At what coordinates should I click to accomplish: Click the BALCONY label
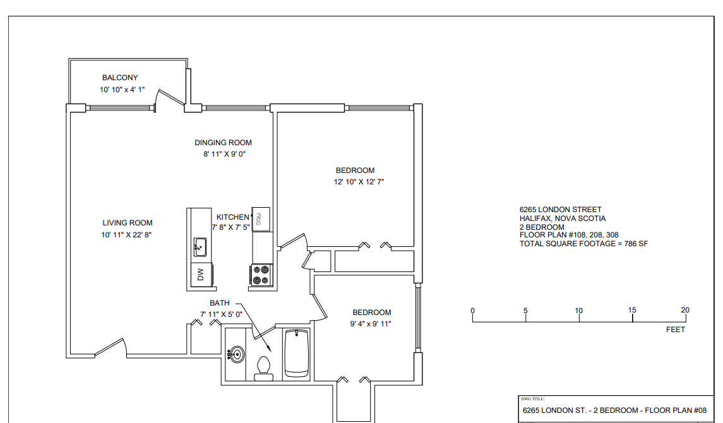[x=120, y=78]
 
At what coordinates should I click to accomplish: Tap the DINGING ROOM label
[x=223, y=143]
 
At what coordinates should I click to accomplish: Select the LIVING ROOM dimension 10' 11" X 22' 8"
[x=126, y=235]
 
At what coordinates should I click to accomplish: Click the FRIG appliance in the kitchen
[x=261, y=219]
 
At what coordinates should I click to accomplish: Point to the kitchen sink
[x=200, y=247]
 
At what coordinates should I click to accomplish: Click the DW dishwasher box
[x=201, y=275]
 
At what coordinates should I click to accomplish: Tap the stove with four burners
[x=261, y=275]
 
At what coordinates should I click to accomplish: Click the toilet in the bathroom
[x=264, y=368]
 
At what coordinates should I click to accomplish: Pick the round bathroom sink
[x=237, y=354]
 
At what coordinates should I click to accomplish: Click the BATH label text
[x=220, y=303]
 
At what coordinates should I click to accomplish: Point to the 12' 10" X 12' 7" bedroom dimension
[x=359, y=182]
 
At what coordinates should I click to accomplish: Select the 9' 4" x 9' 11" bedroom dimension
[x=371, y=324]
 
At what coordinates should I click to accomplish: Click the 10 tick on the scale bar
[x=578, y=318]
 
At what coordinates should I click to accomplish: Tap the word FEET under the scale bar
[x=676, y=330]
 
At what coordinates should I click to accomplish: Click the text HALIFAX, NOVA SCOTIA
[x=563, y=218]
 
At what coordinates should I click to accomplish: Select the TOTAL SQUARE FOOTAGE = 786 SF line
[x=583, y=244]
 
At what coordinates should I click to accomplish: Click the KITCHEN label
[x=233, y=217]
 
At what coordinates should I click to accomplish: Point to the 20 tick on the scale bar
[x=685, y=318]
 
